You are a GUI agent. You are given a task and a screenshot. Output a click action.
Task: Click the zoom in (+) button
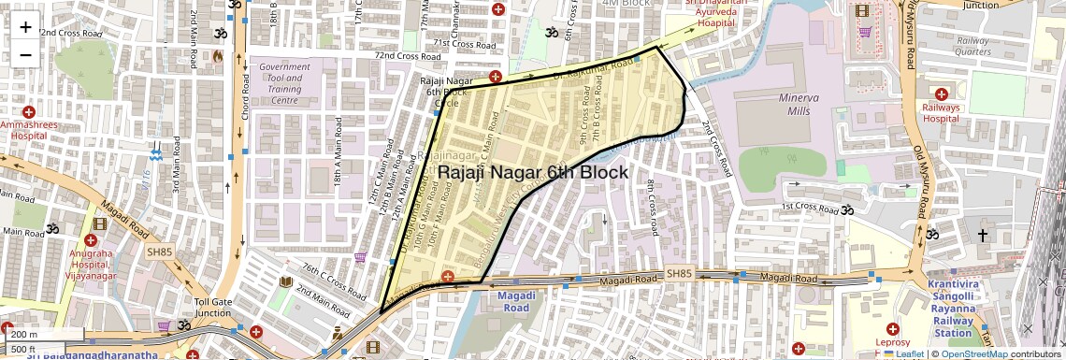click(x=25, y=26)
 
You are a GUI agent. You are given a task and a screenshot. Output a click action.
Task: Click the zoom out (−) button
click(x=25, y=54)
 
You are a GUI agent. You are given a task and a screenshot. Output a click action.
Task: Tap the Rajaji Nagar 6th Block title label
click(x=533, y=173)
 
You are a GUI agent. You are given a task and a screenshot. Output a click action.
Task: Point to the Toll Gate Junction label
click(x=212, y=308)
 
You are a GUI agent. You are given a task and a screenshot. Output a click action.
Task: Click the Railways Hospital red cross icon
click(x=942, y=93)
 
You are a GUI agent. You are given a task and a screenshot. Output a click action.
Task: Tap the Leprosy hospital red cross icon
click(x=892, y=330)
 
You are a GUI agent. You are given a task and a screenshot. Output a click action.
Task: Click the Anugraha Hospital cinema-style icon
click(x=100, y=226)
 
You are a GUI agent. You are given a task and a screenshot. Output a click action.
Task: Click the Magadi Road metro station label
click(x=511, y=302)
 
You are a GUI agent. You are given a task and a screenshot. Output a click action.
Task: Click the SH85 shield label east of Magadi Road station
click(x=682, y=273)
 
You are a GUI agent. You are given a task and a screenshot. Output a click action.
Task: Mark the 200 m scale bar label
click(x=24, y=334)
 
